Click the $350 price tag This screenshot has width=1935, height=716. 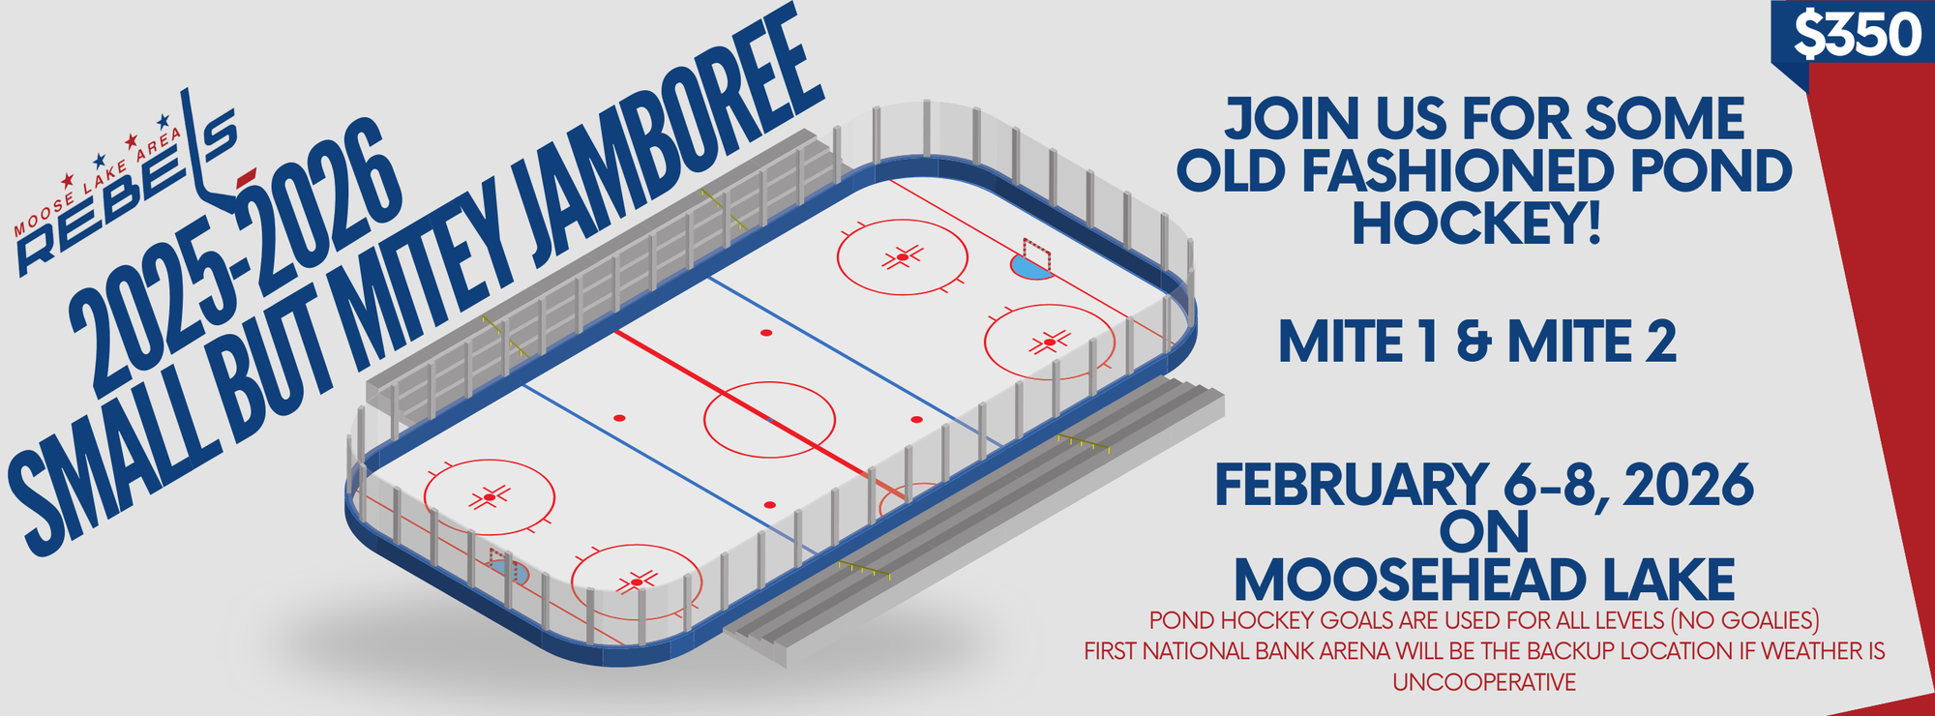[1857, 36]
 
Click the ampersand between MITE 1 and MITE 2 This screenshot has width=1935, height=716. [1474, 343]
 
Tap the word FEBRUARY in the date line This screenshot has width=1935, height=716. [1351, 485]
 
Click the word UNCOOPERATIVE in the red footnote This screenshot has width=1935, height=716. [1484, 682]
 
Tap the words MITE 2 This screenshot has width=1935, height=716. [1593, 343]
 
